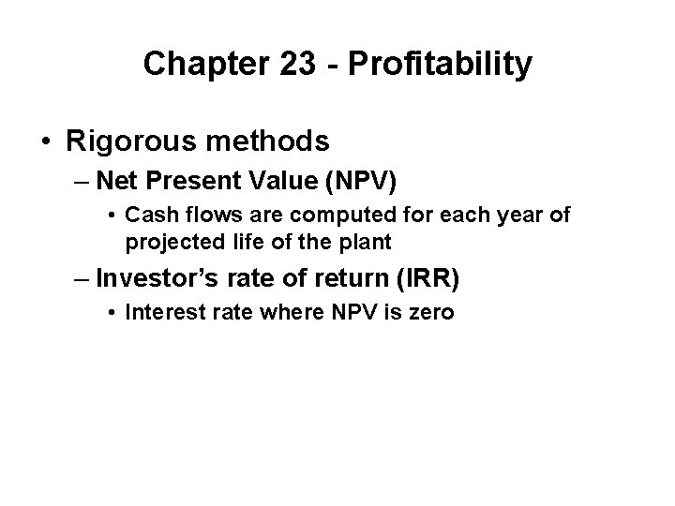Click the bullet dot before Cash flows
pyautogui.click(x=112, y=216)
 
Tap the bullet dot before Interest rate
pyautogui.click(x=112, y=312)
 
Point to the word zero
pyautogui.click(x=430, y=311)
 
